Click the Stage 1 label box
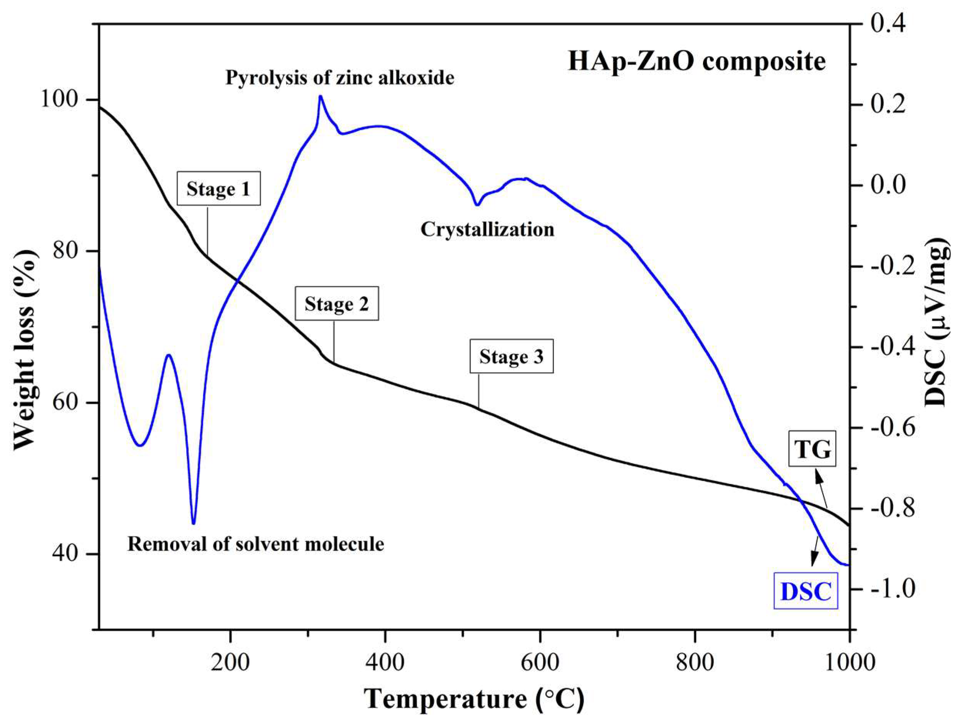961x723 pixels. (218, 189)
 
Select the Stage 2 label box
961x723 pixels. (337, 303)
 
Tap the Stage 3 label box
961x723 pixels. (511, 357)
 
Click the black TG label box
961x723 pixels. (812, 450)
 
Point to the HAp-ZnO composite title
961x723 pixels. (697, 61)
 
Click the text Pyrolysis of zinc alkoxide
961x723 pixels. (340, 78)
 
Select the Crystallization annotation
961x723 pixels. (487, 230)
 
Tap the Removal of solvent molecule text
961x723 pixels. (256, 544)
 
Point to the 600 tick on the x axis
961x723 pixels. (540, 663)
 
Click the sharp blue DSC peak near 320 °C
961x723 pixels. (320, 97)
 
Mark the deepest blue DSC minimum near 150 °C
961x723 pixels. (193, 523)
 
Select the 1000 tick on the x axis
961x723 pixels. (850, 663)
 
